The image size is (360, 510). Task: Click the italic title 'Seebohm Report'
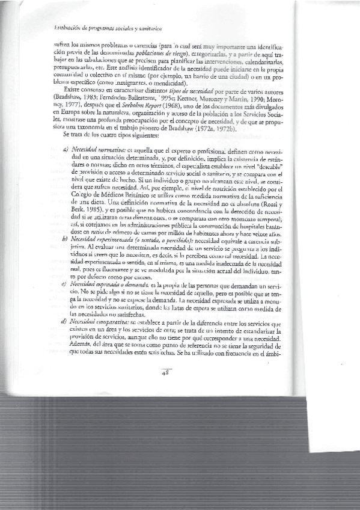pyautogui.click(x=135, y=115)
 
